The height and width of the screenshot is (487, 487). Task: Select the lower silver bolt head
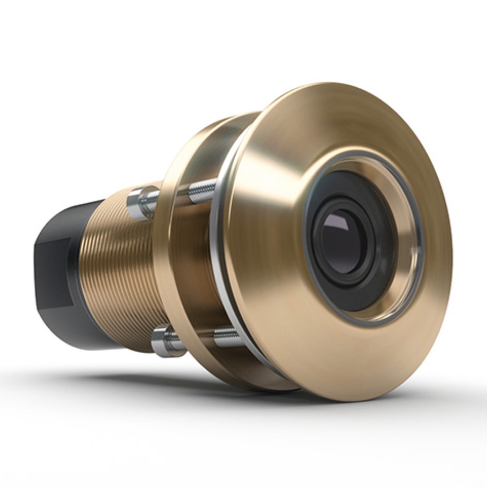pos(164,341)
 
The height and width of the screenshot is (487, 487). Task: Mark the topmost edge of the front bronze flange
pos(341,83)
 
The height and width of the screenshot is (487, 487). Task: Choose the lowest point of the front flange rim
pos(341,400)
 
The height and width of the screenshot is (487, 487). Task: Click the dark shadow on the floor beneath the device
pos(195,385)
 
